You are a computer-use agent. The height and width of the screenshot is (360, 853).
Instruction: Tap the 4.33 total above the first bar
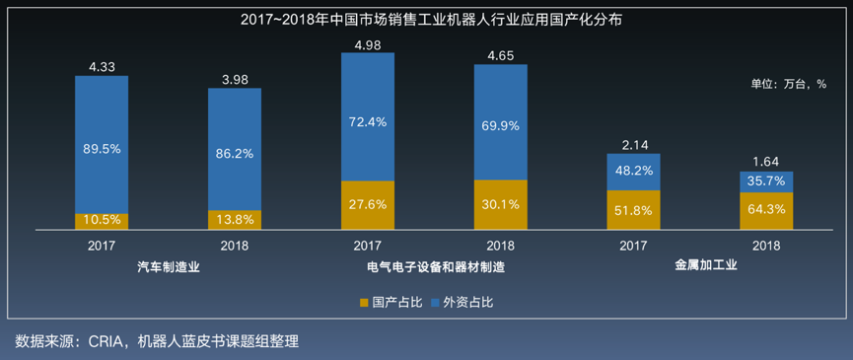pyautogui.click(x=102, y=66)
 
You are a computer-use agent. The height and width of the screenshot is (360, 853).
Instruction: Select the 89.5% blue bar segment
pyautogui.click(x=102, y=148)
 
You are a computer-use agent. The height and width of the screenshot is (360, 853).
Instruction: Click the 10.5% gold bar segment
pyautogui.click(x=102, y=221)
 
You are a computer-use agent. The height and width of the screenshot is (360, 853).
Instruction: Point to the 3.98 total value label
pyautogui.click(x=235, y=79)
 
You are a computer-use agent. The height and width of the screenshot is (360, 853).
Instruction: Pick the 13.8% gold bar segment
pyautogui.click(x=235, y=219)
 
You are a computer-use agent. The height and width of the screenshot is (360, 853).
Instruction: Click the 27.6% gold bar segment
pyautogui.click(x=368, y=205)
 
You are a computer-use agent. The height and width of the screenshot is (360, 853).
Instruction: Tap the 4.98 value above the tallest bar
pyautogui.click(x=368, y=44)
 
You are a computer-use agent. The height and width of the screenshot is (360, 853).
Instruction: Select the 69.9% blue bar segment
pyautogui.click(x=501, y=127)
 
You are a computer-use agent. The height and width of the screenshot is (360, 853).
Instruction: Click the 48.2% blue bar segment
pyautogui.click(x=633, y=172)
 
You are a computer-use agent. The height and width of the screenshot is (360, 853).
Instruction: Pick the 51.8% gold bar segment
pyautogui.click(x=633, y=209)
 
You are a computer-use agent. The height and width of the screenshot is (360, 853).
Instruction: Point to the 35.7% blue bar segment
pyautogui.click(x=766, y=181)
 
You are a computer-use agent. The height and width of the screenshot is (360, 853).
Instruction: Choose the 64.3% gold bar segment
pyautogui.click(x=766, y=210)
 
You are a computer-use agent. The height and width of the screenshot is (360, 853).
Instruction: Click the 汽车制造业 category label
pyautogui.click(x=168, y=266)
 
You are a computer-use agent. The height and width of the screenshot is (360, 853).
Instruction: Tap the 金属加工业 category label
pyautogui.click(x=700, y=266)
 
